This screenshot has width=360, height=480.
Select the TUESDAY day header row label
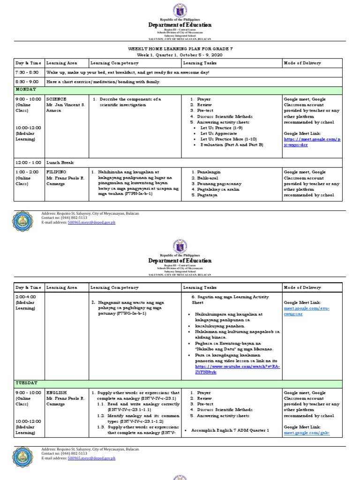point(26,383)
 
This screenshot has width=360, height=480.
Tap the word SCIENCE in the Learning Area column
point(56,99)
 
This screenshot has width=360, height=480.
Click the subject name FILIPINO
point(57,172)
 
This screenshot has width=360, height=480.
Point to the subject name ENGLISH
point(56,392)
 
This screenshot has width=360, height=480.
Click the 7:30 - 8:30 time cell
point(27,73)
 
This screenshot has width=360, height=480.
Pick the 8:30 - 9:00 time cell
point(27,82)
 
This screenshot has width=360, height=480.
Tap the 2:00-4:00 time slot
point(25,297)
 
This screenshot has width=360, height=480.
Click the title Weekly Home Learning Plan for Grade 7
point(180,48)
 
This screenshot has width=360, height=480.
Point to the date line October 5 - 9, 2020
point(180,55)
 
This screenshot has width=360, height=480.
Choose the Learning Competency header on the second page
point(114,287)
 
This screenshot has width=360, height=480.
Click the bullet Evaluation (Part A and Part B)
point(232,145)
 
